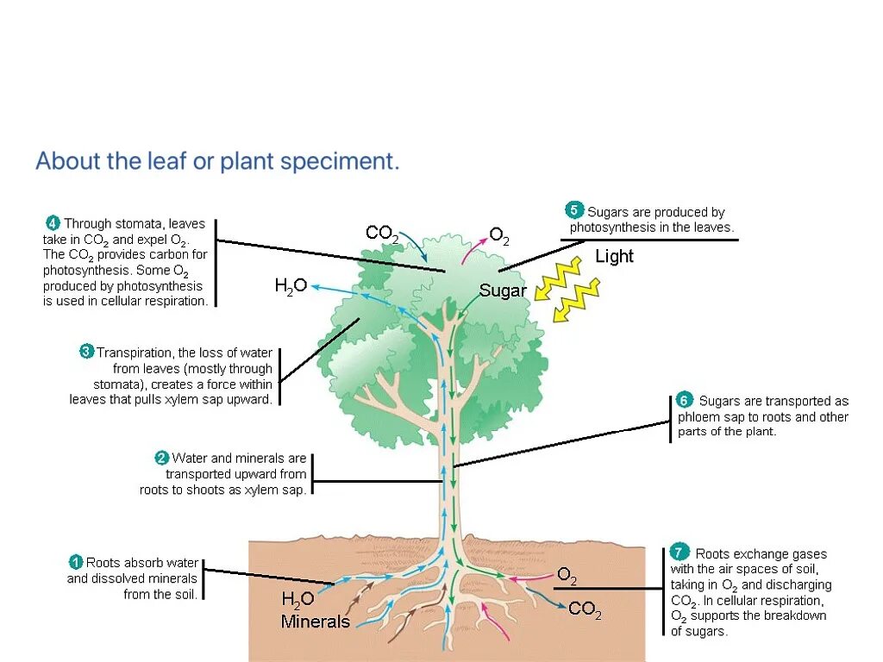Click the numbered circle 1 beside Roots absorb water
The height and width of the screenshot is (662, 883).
click(77, 562)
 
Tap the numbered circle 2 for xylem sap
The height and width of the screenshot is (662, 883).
click(161, 458)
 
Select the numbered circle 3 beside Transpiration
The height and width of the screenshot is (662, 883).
click(86, 352)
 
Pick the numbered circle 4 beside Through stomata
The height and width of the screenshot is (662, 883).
click(53, 223)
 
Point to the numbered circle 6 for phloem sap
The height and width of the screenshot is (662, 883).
click(684, 401)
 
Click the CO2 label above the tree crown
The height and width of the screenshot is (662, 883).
click(381, 233)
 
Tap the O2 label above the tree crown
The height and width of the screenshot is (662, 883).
click(499, 234)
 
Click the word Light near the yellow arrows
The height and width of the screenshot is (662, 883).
click(614, 256)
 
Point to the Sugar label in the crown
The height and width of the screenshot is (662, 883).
click(503, 290)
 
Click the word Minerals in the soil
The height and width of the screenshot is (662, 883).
click(316, 621)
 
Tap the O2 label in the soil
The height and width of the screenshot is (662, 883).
click(567, 575)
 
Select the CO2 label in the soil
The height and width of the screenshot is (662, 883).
click(585, 610)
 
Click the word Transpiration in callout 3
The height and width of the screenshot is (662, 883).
click(134, 353)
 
